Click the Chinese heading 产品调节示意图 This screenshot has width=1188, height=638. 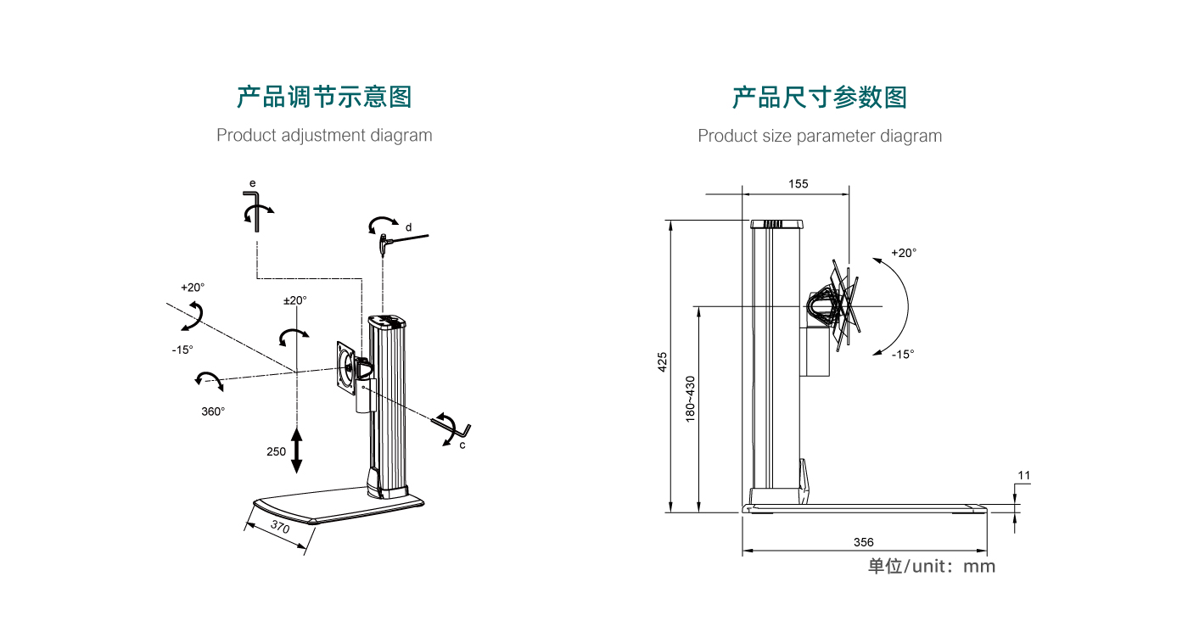coord(324,97)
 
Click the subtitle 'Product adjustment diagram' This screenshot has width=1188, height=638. coord(324,135)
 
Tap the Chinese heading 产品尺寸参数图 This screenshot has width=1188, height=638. coord(820,97)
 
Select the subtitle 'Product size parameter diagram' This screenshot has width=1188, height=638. coord(820,136)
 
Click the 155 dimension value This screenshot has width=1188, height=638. coord(798,183)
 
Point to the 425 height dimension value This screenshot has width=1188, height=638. coord(663,361)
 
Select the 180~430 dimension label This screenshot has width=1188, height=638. coord(690,399)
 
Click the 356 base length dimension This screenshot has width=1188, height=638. coord(864,542)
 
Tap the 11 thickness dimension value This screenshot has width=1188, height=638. coord(1024,476)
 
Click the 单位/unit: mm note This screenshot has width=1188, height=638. coord(931,566)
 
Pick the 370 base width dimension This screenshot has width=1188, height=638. coord(280,528)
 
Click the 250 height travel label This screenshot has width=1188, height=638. coord(277,451)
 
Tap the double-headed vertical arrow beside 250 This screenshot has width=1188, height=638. coord(296,451)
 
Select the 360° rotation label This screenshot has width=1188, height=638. coord(213,411)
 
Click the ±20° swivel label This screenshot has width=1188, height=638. coord(295,300)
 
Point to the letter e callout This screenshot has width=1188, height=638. coord(252,182)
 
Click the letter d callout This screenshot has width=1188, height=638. coord(408,227)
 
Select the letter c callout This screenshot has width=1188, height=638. coord(462,445)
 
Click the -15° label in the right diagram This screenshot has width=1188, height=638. coord(903,355)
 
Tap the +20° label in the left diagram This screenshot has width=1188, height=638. coord(193,287)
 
